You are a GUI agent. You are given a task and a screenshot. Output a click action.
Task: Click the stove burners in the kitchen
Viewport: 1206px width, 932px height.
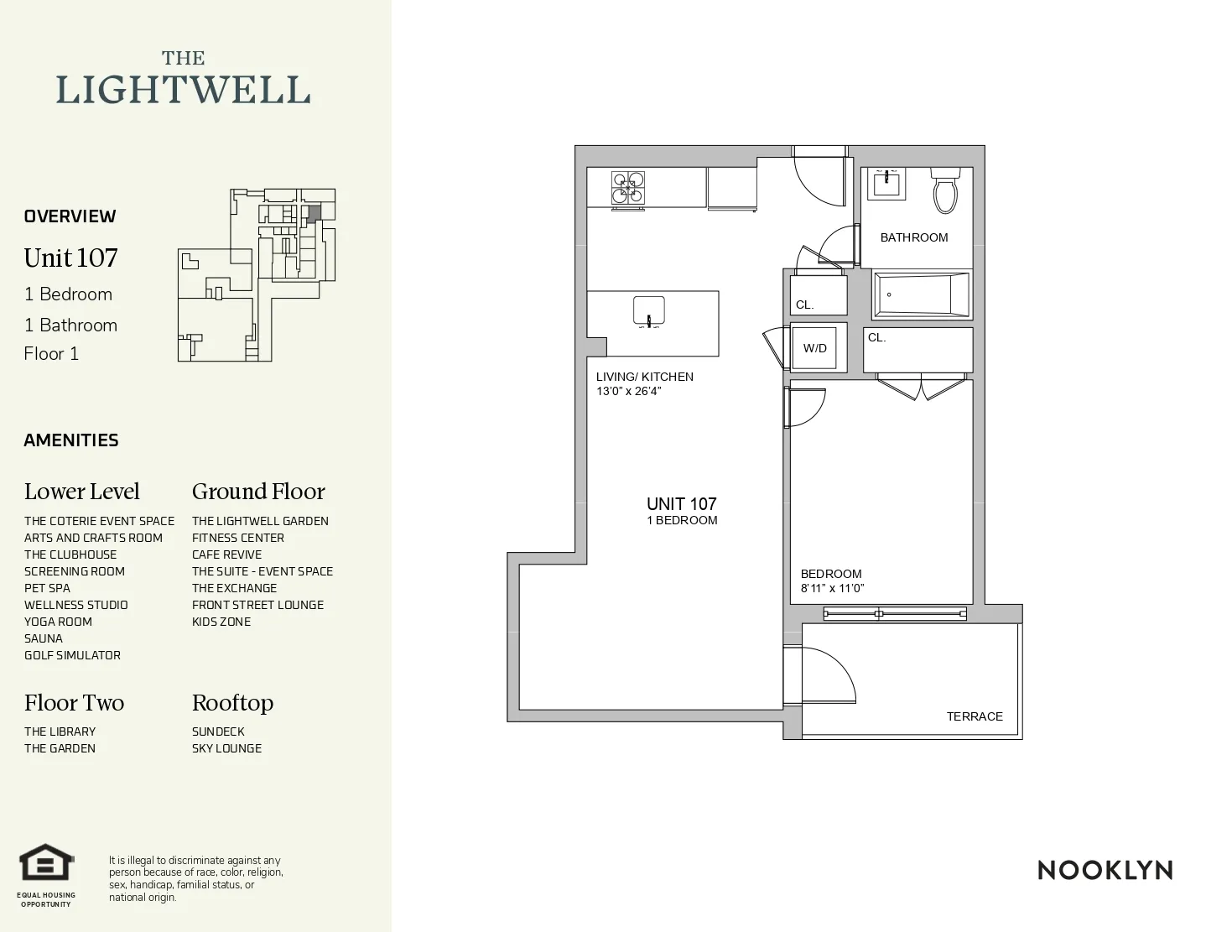point(628,188)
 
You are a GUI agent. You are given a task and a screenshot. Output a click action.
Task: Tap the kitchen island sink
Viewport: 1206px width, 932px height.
point(648,310)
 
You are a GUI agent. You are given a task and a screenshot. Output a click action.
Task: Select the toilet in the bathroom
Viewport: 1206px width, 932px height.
point(945,192)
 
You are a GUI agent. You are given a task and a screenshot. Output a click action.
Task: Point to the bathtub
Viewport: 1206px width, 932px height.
point(921,294)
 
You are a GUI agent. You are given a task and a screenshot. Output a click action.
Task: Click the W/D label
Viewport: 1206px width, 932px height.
point(814,348)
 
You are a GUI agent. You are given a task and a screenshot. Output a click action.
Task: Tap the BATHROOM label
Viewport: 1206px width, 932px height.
point(914,237)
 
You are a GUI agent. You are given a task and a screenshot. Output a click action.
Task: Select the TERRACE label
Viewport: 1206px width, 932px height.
point(975,716)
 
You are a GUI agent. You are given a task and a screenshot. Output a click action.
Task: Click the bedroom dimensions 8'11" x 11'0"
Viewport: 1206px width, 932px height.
point(832,588)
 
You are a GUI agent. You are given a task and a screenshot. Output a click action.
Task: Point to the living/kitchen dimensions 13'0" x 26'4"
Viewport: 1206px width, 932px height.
point(629,391)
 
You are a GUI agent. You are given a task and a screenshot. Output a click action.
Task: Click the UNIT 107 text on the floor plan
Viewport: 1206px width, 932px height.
point(681,504)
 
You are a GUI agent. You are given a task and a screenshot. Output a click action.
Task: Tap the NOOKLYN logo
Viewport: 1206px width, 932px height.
point(1105,870)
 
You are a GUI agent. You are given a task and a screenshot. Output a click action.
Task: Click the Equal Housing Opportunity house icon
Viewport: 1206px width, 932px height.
point(47,862)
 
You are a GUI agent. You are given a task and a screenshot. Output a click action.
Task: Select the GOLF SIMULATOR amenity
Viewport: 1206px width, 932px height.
point(72,655)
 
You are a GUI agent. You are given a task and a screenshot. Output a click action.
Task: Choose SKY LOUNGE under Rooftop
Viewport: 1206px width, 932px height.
point(226,748)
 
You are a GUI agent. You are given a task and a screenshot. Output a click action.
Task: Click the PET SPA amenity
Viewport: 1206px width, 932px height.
point(47,588)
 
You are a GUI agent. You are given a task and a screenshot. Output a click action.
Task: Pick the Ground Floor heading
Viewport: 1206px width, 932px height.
point(258,492)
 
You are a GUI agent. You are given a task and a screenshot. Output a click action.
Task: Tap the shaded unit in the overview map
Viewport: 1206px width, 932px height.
point(312,213)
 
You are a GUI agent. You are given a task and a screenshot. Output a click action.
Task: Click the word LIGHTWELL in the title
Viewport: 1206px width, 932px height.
point(183,90)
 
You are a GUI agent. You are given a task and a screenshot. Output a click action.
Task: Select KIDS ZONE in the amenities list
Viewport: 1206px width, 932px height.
point(221,622)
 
